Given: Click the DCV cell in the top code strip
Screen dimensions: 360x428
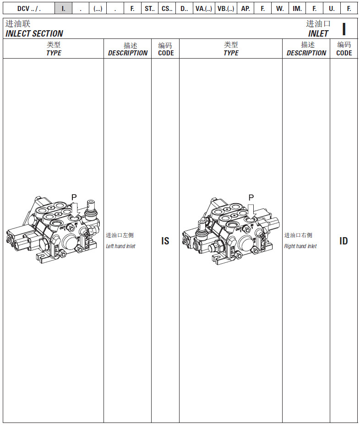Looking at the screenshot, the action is pos(29,8).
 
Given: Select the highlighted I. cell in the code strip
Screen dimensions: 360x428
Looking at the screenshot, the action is pos(63,8).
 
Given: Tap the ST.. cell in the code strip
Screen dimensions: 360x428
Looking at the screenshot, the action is pos(149,8).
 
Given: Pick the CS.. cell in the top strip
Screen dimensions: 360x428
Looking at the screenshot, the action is pos(167,8).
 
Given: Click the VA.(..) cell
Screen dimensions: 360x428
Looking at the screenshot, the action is pos(204,8).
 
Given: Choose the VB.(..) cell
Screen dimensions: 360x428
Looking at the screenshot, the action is pos(226,8).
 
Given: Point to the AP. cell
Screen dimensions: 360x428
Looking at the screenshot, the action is pos(245,8).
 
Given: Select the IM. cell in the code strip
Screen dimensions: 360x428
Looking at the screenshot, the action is pos(297,8).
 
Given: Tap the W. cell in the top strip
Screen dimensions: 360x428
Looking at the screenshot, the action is pos(280,8).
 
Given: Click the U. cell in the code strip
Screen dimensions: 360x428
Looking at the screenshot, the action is pos(332,8).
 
